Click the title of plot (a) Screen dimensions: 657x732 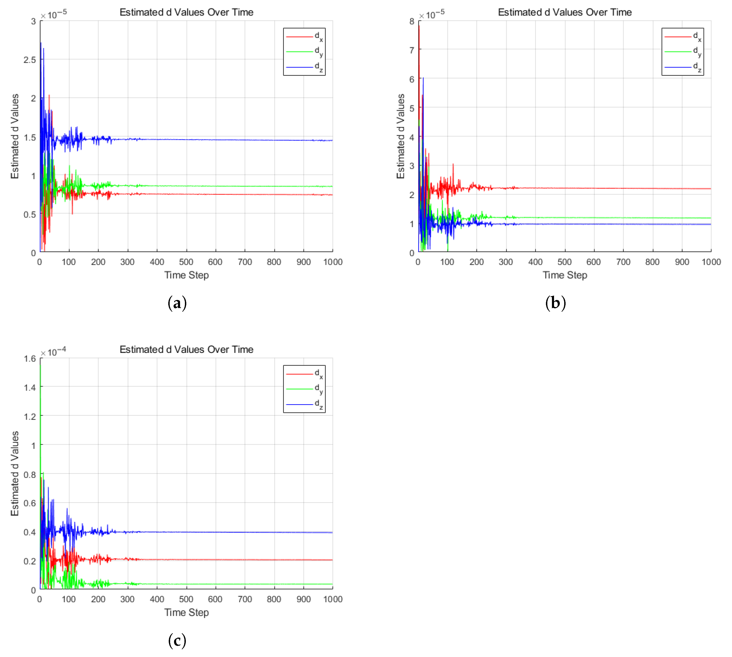[x=186, y=12]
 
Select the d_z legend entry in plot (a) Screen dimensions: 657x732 [x=304, y=67]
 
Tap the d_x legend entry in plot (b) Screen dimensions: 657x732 [x=683, y=37]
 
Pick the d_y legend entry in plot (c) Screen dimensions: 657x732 [x=304, y=389]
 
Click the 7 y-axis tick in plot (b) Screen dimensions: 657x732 [x=412, y=50]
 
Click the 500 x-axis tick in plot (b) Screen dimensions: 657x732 [x=564, y=262]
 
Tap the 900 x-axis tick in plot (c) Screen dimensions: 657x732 [x=303, y=599]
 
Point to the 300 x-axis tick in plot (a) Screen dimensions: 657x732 [x=128, y=262]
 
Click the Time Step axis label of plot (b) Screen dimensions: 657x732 [x=565, y=275]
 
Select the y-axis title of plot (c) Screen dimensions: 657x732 [x=14, y=473]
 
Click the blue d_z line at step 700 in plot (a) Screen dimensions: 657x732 [x=245, y=140]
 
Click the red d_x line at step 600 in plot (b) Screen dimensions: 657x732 [x=594, y=188]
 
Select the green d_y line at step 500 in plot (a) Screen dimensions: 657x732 [x=186, y=186]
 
